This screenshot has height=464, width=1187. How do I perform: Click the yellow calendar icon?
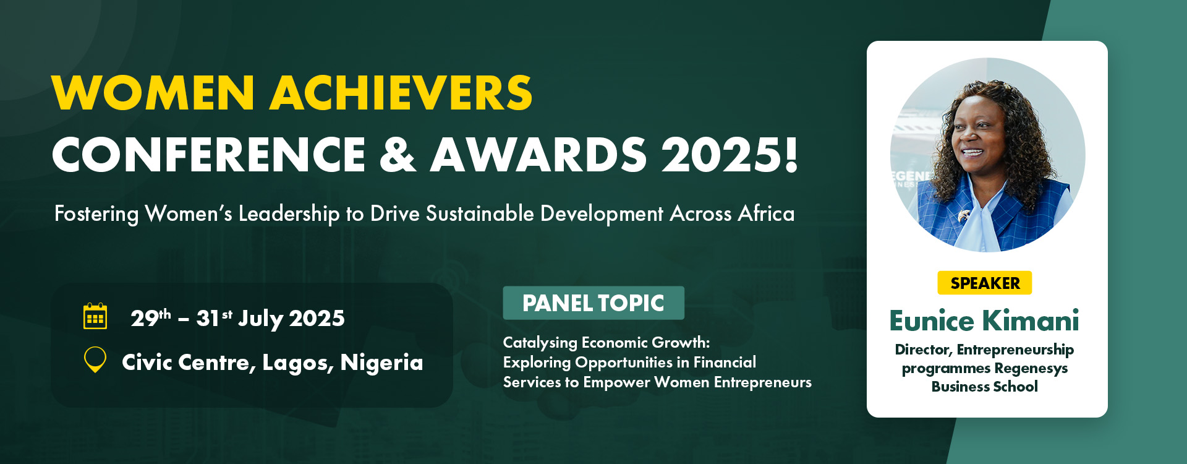tap(95, 316)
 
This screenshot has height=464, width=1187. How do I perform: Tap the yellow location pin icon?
tap(95, 359)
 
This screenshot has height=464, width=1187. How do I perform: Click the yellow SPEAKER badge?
tap(985, 283)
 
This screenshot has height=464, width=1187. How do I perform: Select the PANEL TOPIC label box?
tap(593, 303)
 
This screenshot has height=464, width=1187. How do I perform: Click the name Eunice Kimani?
tap(984, 320)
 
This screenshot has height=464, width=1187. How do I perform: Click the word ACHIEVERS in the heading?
tap(401, 93)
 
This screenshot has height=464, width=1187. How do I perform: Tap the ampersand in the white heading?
tap(398, 154)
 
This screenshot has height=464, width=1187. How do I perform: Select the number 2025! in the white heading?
tap(730, 154)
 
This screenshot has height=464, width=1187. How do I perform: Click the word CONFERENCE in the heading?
tap(210, 154)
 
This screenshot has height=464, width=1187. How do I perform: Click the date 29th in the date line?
tap(151, 317)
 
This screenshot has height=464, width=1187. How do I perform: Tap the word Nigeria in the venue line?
tap(382, 362)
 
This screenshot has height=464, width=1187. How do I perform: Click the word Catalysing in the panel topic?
tap(540, 343)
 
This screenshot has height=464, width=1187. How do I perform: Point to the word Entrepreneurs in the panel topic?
tap(763, 382)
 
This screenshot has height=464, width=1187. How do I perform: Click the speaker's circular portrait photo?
tap(987, 155)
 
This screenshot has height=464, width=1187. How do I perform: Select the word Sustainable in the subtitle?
tap(480, 213)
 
